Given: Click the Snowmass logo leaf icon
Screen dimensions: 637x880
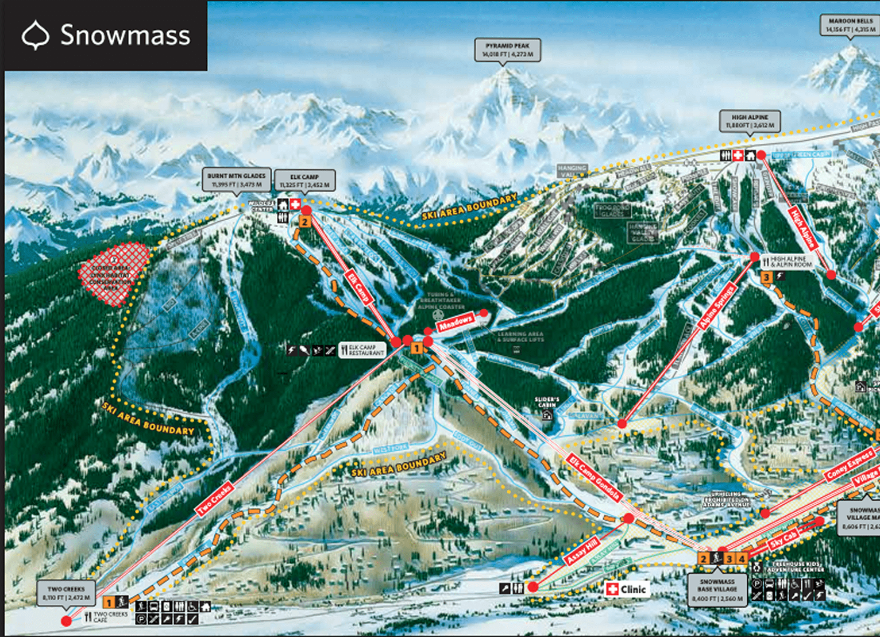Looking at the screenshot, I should coord(36,35).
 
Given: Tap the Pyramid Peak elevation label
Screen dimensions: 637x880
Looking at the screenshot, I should coord(507,50).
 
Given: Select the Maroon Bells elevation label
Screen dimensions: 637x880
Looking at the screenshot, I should coord(850,25).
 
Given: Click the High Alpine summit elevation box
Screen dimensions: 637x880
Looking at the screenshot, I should coord(750,121).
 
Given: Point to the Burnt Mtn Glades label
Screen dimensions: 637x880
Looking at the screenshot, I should coord(237,180).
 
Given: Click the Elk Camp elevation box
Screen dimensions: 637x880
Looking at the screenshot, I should coord(304,181).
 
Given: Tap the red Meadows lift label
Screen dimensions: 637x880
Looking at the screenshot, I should coord(456,323).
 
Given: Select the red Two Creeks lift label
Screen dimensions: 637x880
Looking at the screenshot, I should coord(214,500).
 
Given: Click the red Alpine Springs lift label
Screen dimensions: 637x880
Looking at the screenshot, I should coord(717,306).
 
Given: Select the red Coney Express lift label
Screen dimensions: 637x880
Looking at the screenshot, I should coord(850,465).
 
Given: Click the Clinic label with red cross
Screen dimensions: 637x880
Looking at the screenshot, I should coord(628,589).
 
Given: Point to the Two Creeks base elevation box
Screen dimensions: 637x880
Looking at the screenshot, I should coord(66,593).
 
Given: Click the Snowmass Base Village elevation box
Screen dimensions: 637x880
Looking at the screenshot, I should coord(717,590).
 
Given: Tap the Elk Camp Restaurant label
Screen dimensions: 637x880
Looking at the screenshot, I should coord(362,350).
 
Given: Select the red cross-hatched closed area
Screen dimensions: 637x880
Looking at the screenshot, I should coord(113,273).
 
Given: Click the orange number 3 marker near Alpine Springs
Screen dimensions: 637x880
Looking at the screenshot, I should coord(766,278).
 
